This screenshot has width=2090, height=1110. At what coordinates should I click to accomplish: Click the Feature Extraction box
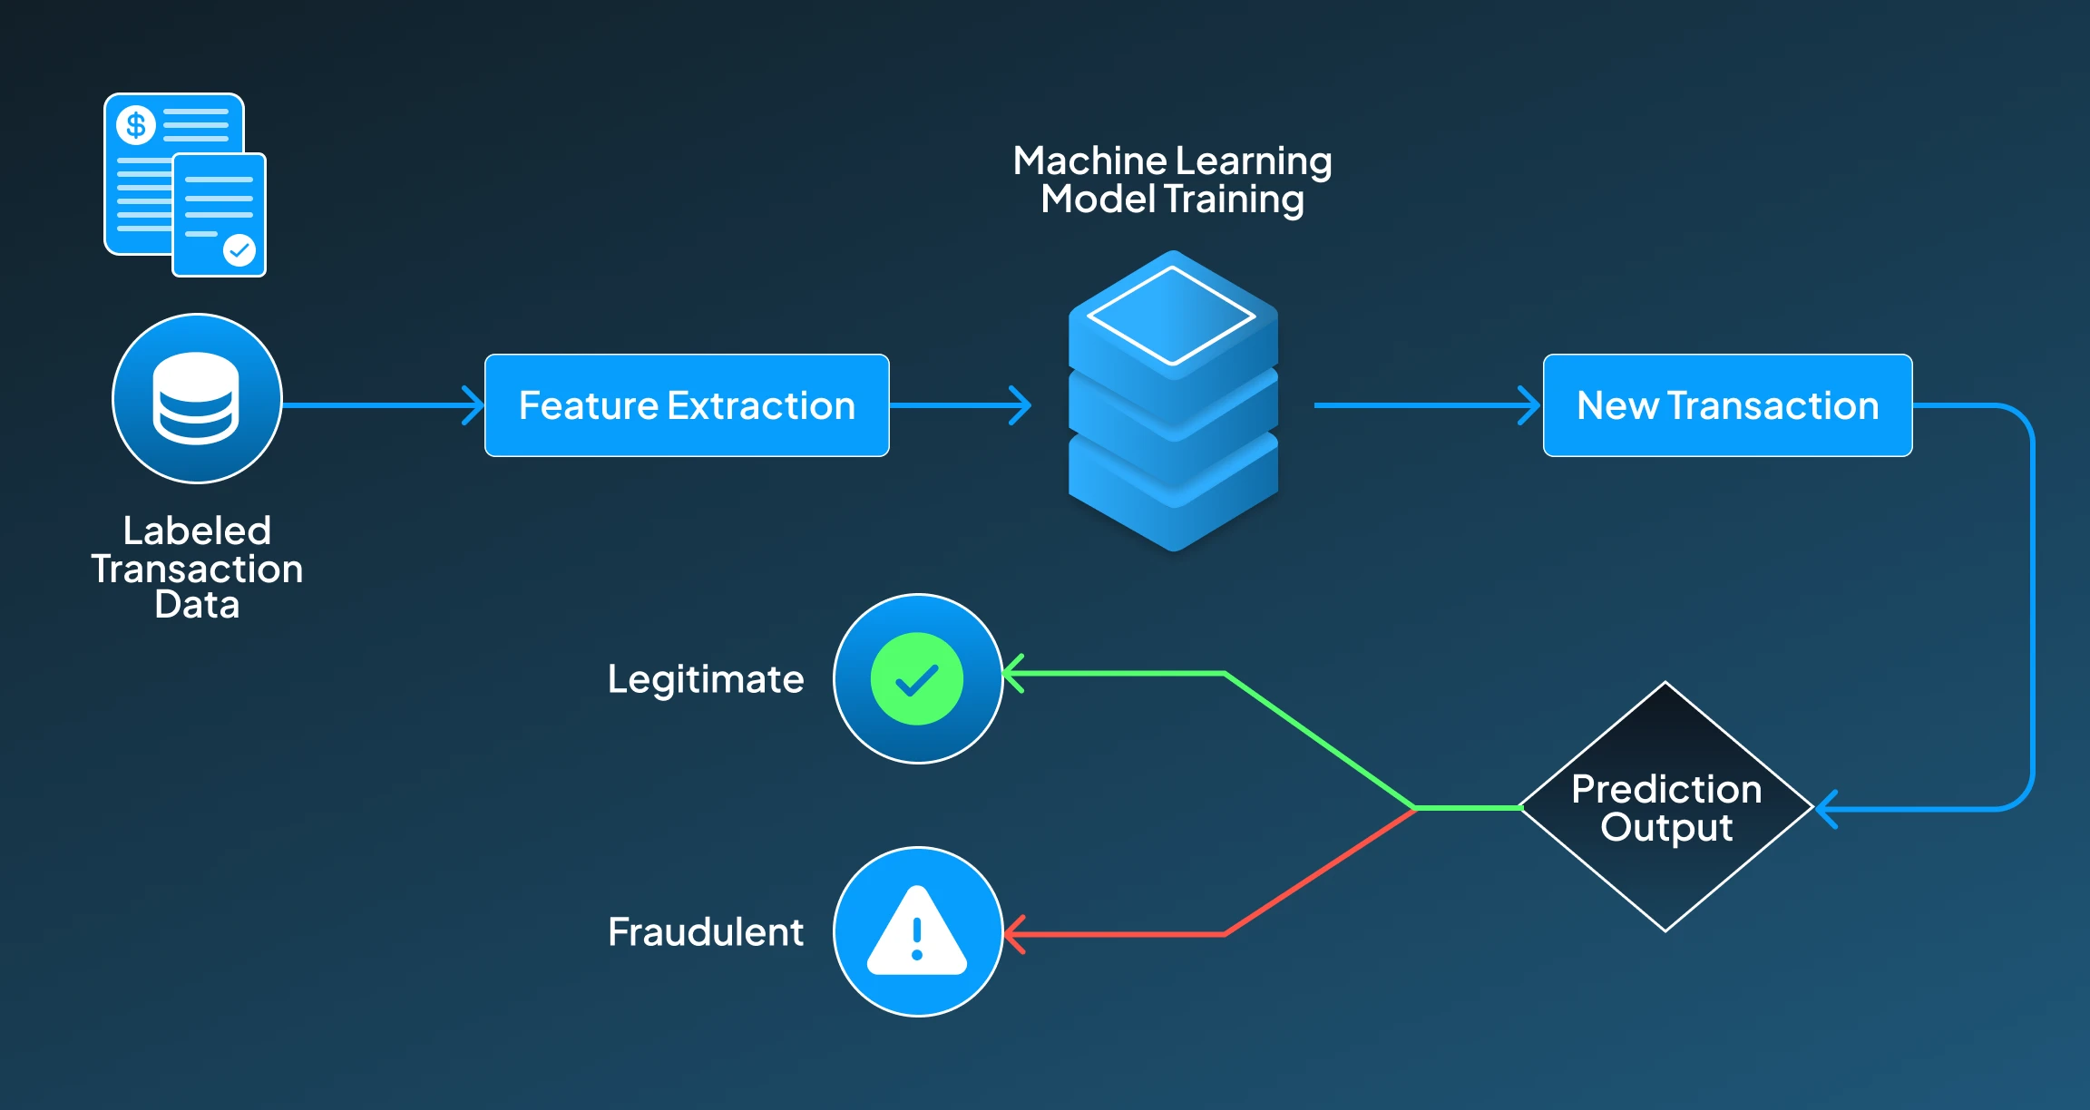tap(687, 405)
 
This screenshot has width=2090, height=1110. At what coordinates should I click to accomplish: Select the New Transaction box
tap(1727, 405)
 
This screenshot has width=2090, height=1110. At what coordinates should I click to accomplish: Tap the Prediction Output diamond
tap(1665, 807)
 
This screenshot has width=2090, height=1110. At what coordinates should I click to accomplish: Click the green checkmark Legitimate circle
tap(917, 679)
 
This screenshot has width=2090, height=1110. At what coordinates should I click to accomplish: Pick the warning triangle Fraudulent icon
tap(917, 932)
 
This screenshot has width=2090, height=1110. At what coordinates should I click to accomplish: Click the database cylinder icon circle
tap(197, 399)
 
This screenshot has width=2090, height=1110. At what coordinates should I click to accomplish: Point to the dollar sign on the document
tap(136, 125)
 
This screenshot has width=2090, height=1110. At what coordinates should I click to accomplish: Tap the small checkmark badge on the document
tap(239, 249)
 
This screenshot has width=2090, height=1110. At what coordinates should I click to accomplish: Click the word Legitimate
tap(705, 679)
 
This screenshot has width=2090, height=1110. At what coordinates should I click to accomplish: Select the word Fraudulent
tap(705, 932)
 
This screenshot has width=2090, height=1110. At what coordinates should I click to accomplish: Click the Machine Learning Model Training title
tap(1172, 180)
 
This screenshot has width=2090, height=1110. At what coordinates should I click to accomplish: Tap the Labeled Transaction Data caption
tap(197, 568)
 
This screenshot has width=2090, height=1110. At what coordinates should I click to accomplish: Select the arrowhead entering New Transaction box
tap(1531, 405)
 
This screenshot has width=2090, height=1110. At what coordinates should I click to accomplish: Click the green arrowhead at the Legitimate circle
tap(1014, 674)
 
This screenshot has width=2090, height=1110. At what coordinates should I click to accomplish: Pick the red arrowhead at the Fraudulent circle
tap(1014, 934)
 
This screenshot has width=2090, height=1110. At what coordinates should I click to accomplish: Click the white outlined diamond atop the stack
tap(1172, 316)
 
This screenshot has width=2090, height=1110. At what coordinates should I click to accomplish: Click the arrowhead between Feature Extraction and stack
tap(1022, 405)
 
